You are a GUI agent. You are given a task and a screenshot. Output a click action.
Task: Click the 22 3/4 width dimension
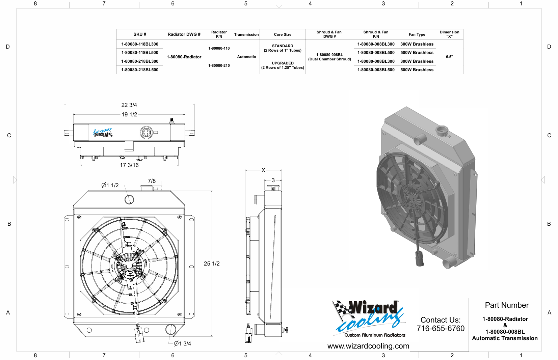point(129,105)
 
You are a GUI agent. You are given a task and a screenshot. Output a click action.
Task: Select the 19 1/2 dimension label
point(129,114)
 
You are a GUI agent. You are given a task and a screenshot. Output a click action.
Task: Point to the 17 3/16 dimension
point(129,165)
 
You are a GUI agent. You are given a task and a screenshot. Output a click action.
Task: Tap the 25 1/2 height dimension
point(212,264)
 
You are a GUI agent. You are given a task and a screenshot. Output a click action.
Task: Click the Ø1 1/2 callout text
point(110,185)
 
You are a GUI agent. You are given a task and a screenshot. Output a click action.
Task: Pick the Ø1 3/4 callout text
point(182,343)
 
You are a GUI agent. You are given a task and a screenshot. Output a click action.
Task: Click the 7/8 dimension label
point(152,181)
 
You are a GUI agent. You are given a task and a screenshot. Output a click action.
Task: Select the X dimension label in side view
point(263,170)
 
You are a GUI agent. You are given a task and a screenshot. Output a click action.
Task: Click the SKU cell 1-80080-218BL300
point(140,61)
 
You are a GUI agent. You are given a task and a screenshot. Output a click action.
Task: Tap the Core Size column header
point(283,34)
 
